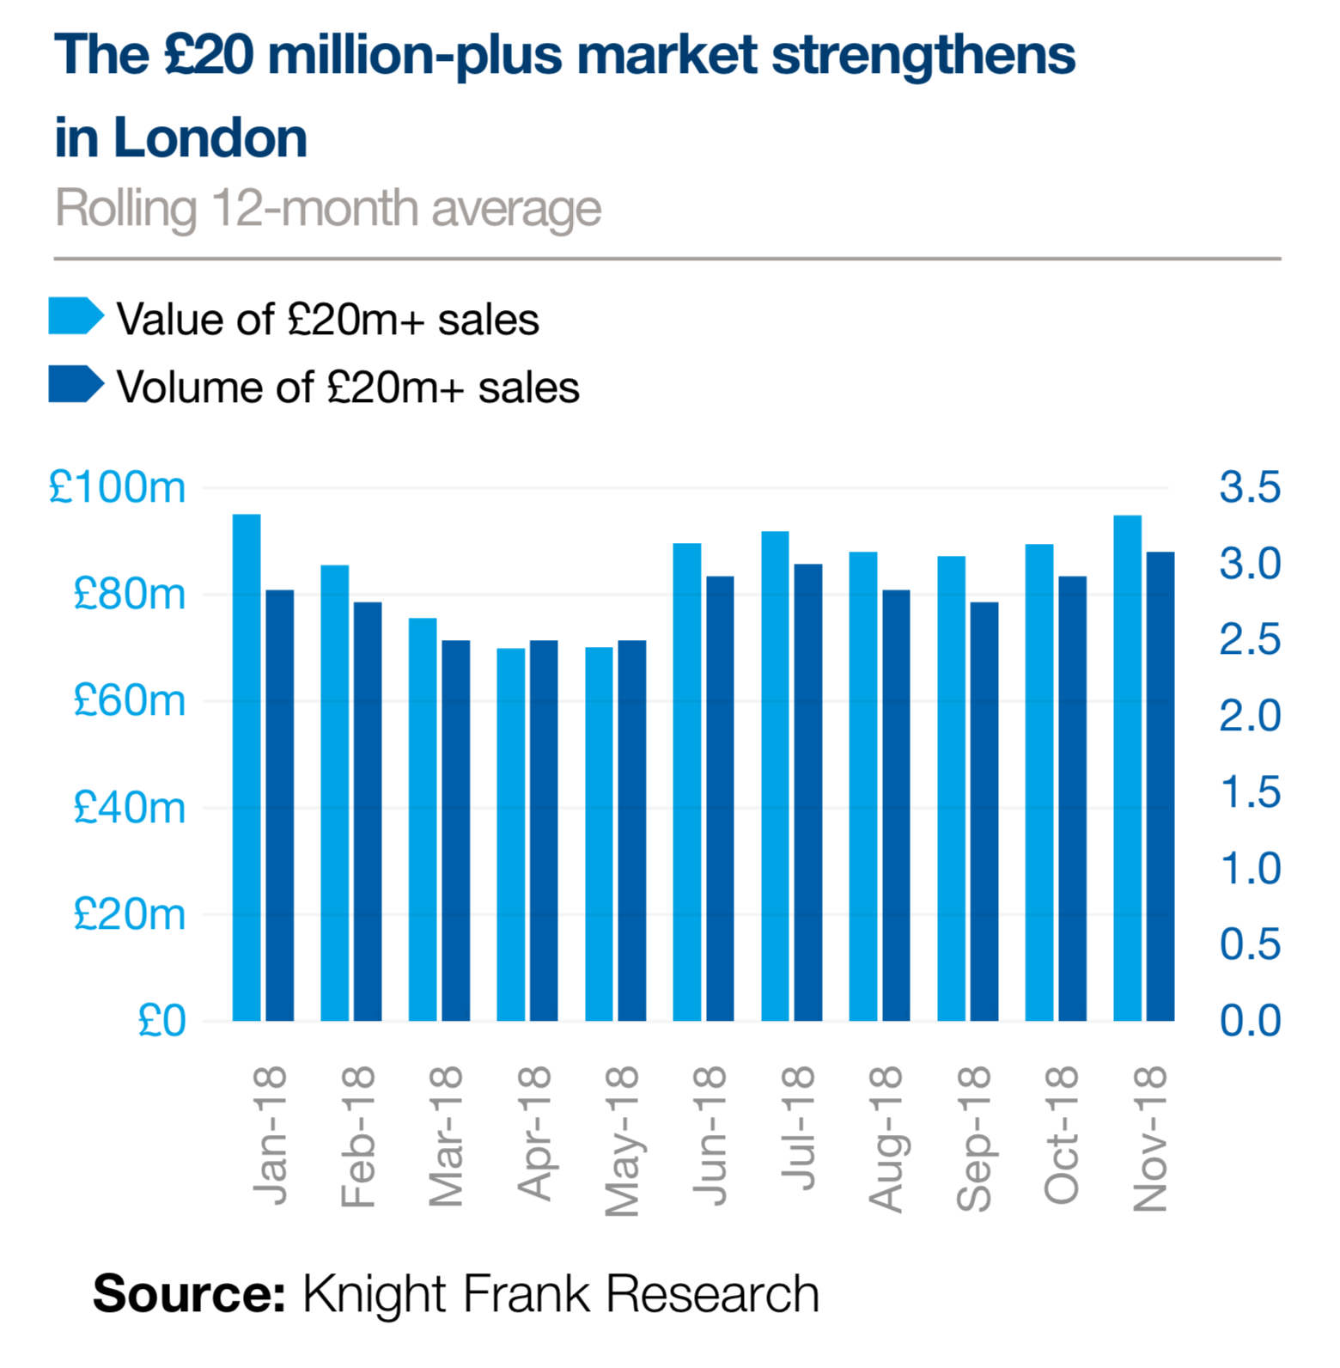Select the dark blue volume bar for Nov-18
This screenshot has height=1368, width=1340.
click(x=1160, y=786)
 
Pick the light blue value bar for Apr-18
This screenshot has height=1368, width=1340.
click(x=510, y=834)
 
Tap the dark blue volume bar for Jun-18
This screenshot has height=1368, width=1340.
click(x=720, y=798)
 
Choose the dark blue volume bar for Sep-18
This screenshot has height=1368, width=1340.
click(x=984, y=811)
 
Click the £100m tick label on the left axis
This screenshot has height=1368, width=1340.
click(x=117, y=488)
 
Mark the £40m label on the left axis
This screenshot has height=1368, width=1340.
click(x=129, y=808)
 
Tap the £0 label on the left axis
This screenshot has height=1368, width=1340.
click(x=161, y=1021)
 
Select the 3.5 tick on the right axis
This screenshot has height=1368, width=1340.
click(x=1250, y=487)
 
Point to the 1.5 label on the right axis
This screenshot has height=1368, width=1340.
click(x=1250, y=792)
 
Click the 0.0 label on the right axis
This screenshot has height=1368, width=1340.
click(x=1250, y=1021)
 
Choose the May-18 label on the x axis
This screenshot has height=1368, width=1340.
click(x=622, y=1141)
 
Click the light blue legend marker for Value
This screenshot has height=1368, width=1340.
click(x=76, y=316)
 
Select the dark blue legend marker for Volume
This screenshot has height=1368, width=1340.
click(x=76, y=384)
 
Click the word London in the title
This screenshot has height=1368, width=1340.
click(x=210, y=138)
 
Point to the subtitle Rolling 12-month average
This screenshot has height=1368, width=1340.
click(x=328, y=209)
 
